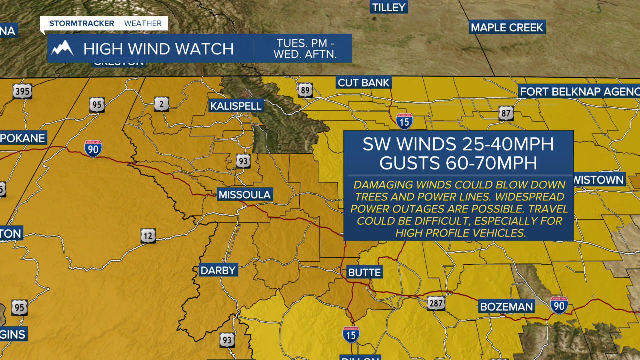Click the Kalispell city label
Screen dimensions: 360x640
click(236, 106)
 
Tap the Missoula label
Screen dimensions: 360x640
click(244, 195)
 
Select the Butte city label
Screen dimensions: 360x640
click(365, 273)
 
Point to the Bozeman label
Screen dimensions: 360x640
click(506, 306)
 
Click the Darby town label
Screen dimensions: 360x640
click(218, 270)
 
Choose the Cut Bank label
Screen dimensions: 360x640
click(363, 83)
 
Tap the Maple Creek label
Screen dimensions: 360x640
click(507, 27)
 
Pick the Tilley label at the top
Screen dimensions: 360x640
click(389, 7)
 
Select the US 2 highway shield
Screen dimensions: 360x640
click(161, 103)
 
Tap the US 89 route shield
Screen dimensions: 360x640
click(305, 90)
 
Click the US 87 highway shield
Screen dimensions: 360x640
click(506, 113)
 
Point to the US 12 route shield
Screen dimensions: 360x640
click(148, 236)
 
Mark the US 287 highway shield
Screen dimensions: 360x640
click(436, 303)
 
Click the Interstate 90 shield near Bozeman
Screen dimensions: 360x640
click(559, 305)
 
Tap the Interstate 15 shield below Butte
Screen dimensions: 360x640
click(351, 334)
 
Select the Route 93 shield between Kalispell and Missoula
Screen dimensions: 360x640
click(243, 161)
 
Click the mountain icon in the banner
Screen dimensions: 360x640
click(63, 48)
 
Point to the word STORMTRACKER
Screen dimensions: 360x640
click(81, 23)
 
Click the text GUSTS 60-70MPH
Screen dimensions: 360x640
click(458, 163)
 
